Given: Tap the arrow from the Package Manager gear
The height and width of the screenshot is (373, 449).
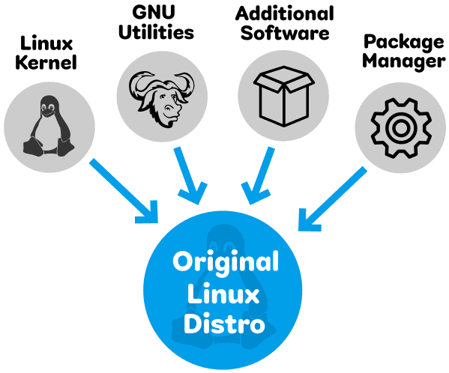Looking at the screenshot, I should pos(330,197).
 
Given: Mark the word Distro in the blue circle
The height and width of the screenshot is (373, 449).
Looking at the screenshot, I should pos(226,325).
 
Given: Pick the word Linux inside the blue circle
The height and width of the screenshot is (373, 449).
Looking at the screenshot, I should pos(226,294).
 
